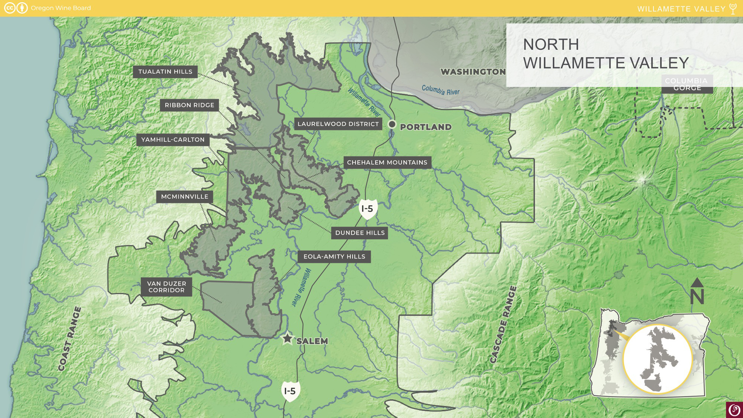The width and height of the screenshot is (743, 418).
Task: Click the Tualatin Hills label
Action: point(165,72)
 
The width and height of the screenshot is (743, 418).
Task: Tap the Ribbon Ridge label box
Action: point(189,105)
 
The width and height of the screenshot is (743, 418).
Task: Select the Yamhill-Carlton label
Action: point(173,140)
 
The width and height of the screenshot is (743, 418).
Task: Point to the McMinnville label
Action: point(185,197)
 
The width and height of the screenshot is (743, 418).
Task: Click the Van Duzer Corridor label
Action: point(166,287)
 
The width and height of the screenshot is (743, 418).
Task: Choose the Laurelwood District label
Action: point(338,124)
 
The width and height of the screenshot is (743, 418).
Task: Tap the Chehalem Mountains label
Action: point(387,162)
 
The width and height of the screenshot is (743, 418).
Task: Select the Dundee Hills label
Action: point(360,233)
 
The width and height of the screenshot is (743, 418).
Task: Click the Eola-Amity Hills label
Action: point(334,256)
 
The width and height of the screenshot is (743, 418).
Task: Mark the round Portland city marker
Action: point(392,124)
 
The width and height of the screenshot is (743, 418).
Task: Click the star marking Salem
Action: point(287,338)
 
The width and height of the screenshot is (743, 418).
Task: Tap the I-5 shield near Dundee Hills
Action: point(368,209)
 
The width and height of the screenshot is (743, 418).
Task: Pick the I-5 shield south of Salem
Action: point(290,391)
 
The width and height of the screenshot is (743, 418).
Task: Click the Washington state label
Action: point(473,72)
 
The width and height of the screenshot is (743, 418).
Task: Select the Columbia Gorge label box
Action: point(687,84)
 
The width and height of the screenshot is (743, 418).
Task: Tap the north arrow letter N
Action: point(697,297)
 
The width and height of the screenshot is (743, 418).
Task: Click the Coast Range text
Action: point(70,339)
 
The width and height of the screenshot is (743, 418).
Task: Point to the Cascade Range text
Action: point(503,324)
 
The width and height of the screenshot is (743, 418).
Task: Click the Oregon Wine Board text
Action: point(61,8)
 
